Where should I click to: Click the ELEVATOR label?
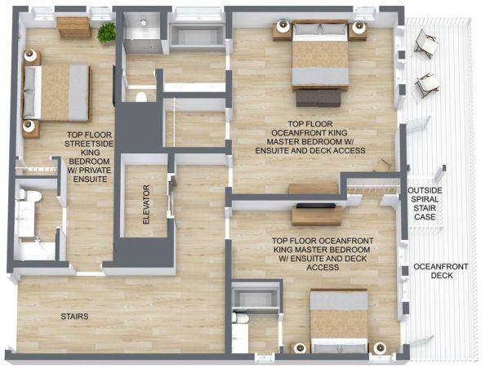pyautogui.click(x=146, y=205)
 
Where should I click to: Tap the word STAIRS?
pyautogui.click(x=74, y=317)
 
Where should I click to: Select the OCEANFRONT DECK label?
pyautogui.click(x=441, y=271)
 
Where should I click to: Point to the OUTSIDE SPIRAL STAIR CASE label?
pyautogui.click(x=425, y=203)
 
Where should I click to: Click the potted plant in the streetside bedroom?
pyautogui.click(x=106, y=33)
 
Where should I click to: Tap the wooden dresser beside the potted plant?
pyautogui.click(x=73, y=28)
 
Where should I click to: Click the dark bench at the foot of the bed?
pyautogui.click(x=318, y=98)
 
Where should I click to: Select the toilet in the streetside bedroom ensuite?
pyautogui.click(x=30, y=195)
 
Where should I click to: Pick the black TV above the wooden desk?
pyautogui.click(x=316, y=206)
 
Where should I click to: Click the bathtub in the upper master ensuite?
pyautogui.click(x=197, y=38)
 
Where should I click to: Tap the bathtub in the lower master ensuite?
pyautogui.click(x=256, y=298)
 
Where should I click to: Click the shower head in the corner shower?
pyautogui.click(x=144, y=22)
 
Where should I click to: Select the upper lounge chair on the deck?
pyautogui.click(x=426, y=43)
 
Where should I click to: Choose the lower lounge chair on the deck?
pyautogui.click(x=427, y=85)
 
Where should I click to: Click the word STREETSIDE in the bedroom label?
pyautogui.click(x=89, y=144)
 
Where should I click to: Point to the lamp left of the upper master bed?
pyautogui.click(x=283, y=26)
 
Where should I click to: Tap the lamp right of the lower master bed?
pyautogui.click(x=380, y=348)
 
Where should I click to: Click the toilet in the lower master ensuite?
pyautogui.click(x=240, y=319)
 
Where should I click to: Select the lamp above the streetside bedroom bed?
pyautogui.click(x=30, y=55)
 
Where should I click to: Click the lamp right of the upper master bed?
pyautogui.click(x=359, y=27)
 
